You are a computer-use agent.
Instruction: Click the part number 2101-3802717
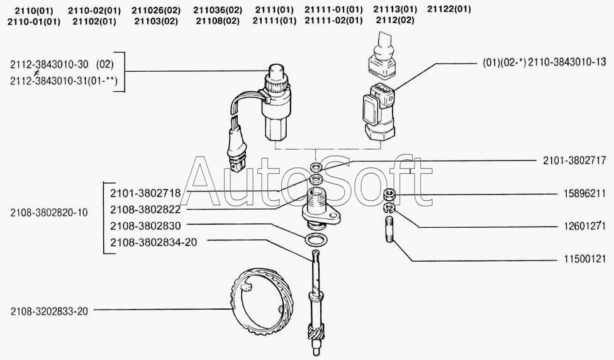tap(574, 160)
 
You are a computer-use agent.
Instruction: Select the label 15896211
tap(584, 193)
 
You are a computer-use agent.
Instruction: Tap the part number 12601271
tap(584, 226)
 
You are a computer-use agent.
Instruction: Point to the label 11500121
tap(584, 259)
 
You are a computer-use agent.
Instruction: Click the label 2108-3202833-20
tap(49, 312)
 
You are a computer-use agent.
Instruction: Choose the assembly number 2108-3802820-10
tap(49, 213)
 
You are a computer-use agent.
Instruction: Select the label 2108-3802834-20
tap(153, 242)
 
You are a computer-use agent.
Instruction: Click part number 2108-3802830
tap(145, 226)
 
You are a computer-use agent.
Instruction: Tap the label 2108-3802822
tap(145, 210)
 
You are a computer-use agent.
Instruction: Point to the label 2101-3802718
tap(145, 193)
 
